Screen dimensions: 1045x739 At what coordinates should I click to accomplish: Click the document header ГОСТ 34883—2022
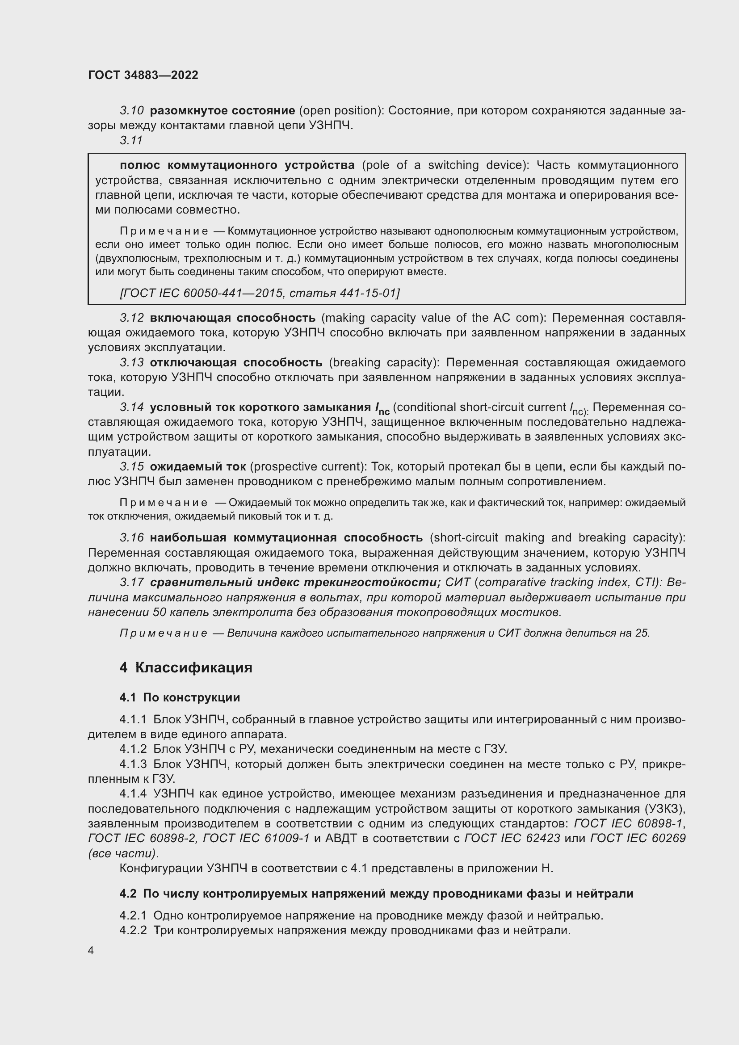[143, 75]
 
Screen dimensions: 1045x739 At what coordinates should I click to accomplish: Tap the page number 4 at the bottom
[91, 951]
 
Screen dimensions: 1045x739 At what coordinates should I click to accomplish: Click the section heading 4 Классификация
[186, 667]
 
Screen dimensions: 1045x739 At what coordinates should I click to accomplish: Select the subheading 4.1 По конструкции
[180, 697]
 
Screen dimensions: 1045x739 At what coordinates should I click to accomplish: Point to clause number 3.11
[131, 141]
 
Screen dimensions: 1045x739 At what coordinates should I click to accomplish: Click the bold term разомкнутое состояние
[223, 111]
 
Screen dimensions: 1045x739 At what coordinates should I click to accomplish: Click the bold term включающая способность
[232, 318]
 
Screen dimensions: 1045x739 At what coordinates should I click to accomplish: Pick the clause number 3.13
[131, 363]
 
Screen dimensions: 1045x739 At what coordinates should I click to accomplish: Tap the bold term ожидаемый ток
[198, 466]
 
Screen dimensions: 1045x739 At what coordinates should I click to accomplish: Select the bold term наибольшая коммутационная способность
[286, 537]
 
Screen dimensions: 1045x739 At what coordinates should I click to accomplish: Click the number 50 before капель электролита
[160, 612]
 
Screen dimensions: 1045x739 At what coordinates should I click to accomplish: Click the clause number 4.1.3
[133, 764]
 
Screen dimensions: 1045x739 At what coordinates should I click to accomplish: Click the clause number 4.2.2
[133, 930]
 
